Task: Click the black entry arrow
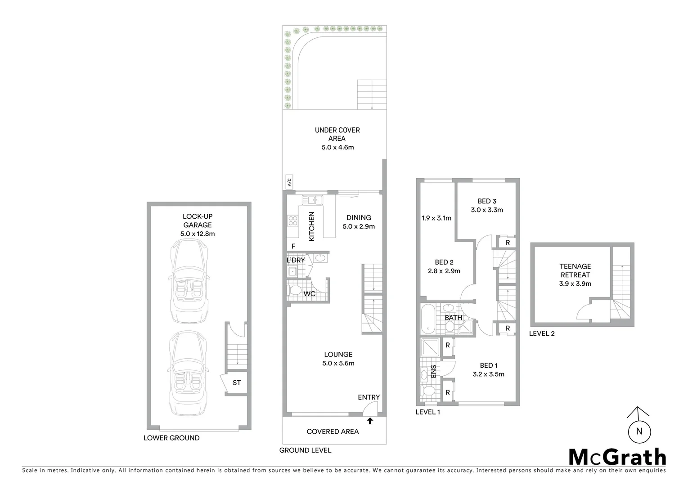[x=370, y=421]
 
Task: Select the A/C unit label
[x=289, y=182]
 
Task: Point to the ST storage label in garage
[x=237, y=383]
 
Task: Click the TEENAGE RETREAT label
[x=575, y=270]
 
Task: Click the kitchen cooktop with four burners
[x=293, y=220]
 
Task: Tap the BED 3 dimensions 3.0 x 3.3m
[x=487, y=210]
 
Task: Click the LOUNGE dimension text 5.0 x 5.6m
[x=338, y=363]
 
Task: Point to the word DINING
[x=359, y=218]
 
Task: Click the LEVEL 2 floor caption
[x=542, y=333]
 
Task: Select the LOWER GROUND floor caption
[x=171, y=438]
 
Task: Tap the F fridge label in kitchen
[x=293, y=246]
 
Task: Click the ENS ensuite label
[x=434, y=371]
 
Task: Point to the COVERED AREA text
[x=333, y=432]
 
